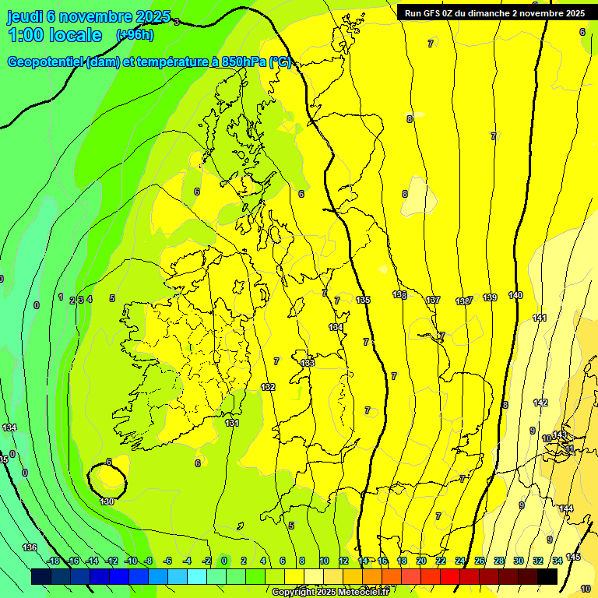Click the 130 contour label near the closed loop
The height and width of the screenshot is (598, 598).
[107, 501]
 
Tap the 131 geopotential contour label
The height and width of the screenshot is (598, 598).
[232, 423]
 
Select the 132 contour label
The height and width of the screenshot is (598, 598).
[268, 387]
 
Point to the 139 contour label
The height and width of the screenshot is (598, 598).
[490, 297]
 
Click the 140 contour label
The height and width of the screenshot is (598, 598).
[515, 295]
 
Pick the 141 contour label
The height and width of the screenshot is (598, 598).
[540, 318]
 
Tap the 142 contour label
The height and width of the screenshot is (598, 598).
[540, 403]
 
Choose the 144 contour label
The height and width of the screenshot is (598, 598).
[566, 508]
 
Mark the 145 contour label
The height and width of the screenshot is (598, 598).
[573, 557]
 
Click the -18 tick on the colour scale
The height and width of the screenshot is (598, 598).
[53, 561]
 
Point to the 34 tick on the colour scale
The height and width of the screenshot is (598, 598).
[558, 561]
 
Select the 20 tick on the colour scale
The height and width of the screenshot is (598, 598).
[421, 561]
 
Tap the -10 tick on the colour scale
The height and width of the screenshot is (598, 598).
[131, 561]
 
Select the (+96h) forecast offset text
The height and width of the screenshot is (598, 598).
[135, 35]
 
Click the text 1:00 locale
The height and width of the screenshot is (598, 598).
[55, 35]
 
